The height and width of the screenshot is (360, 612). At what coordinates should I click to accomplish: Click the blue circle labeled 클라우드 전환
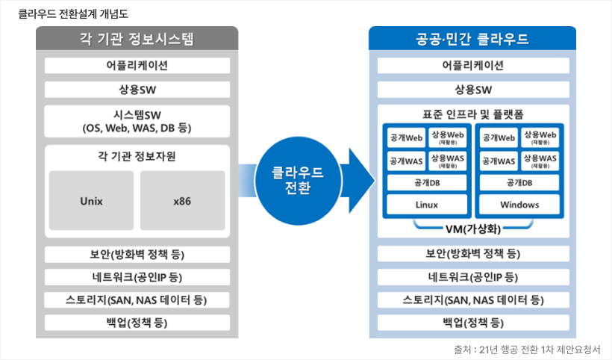click(299, 180)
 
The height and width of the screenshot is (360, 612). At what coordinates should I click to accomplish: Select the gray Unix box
click(91, 201)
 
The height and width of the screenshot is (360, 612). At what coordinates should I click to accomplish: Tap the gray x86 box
click(182, 201)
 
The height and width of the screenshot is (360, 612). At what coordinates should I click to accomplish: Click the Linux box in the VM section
click(426, 205)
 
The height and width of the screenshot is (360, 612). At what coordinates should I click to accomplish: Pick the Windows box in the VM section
click(519, 205)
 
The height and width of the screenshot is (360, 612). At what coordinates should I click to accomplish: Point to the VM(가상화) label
click(472, 229)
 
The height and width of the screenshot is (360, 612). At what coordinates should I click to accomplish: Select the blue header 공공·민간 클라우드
click(472, 39)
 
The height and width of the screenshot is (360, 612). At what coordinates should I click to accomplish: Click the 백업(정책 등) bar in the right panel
click(472, 323)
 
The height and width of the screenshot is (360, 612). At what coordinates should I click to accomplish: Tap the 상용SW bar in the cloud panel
click(472, 90)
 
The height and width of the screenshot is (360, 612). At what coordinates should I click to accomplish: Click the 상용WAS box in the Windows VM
click(540, 160)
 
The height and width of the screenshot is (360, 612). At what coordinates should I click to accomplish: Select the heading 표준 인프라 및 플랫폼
click(472, 114)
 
